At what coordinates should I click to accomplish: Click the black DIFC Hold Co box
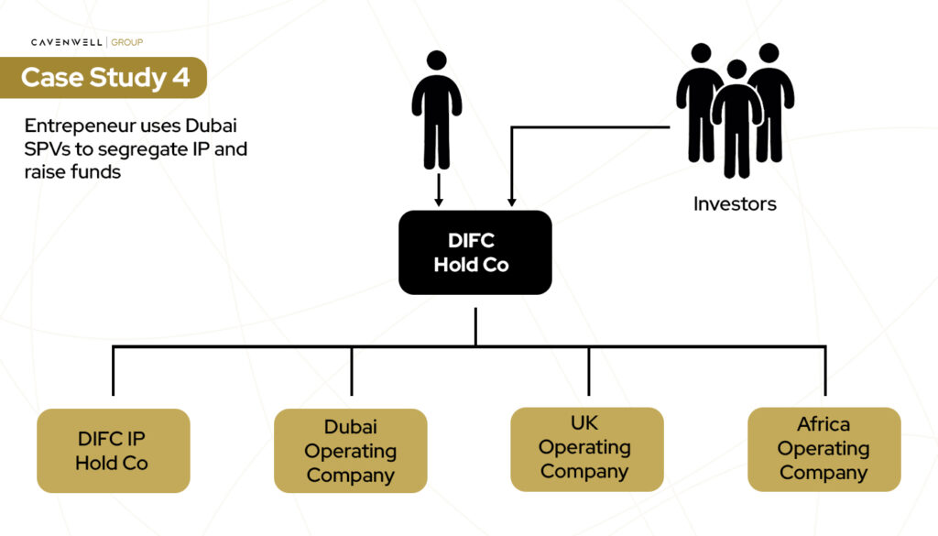(x=475, y=252)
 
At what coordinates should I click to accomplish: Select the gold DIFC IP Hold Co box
(x=113, y=451)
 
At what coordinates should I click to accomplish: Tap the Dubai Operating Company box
(x=351, y=451)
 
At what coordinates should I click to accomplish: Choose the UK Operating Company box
(x=586, y=448)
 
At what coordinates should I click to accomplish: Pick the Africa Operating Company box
(x=823, y=449)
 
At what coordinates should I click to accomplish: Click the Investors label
(x=735, y=204)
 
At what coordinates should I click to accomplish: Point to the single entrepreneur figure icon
(x=437, y=110)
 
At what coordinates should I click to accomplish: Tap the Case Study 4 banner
(x=104, y=77)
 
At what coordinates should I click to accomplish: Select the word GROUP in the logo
(x=127, y=42)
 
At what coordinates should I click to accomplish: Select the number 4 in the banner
(x=180, y=77)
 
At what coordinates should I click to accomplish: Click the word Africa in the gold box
(x=823, y=425)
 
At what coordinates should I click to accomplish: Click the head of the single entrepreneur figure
(x=437, y=60)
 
